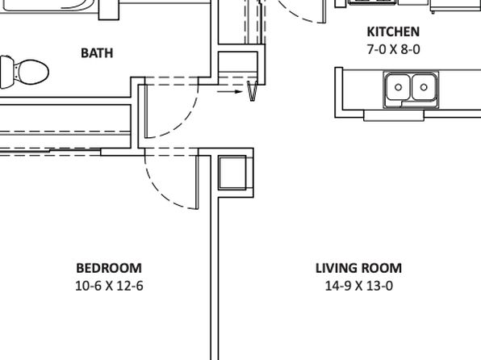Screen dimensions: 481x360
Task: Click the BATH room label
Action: click(x=97, y=53)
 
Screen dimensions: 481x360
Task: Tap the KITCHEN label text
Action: click(x=393, y=32)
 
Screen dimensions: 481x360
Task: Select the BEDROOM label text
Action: click(x=109, y=268)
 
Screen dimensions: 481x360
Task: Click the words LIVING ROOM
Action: click(x=358, y=268)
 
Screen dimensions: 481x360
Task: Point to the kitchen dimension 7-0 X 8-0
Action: click(x=393, y=49)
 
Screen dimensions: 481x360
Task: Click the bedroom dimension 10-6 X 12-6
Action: click(x=109, y=286)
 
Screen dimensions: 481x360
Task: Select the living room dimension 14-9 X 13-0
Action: click(x=358, y=286)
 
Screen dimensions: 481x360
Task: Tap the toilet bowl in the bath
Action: click(x=32, y=73)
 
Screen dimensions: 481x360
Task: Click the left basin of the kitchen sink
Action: click(x=398, y=87)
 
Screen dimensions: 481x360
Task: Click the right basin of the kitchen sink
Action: click(x=424, y=87)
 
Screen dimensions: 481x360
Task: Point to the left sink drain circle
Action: click(x=398, y=87)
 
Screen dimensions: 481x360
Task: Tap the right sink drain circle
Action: click(x=424, y=87)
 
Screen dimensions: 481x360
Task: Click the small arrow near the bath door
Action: click(x=230, y=91)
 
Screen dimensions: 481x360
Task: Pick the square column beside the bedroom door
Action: click(x=232, y=173)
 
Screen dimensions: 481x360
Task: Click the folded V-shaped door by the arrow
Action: click(x=252, y=91)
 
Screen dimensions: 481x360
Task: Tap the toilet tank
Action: click(x=6, y=72)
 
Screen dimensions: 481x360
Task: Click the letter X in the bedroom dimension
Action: click(x=109, y=286)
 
